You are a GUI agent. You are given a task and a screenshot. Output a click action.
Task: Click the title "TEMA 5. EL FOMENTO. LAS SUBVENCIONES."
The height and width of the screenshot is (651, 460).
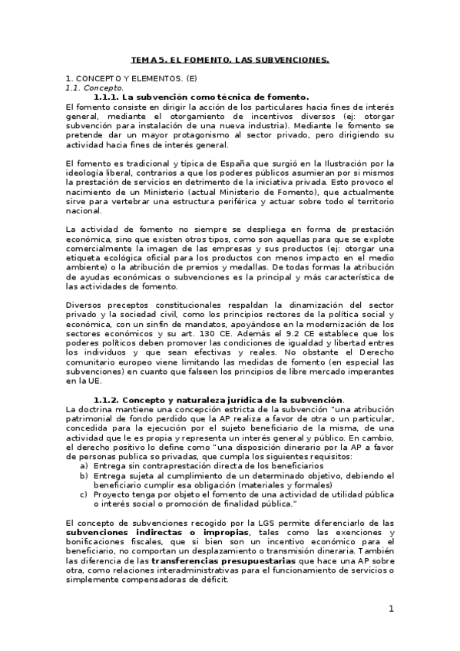pos(230,59)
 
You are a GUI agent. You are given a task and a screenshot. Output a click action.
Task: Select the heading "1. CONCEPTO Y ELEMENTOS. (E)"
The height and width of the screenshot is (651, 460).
pos(131,79)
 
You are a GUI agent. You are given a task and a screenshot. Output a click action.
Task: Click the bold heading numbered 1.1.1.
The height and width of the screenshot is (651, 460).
pos(201,97)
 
